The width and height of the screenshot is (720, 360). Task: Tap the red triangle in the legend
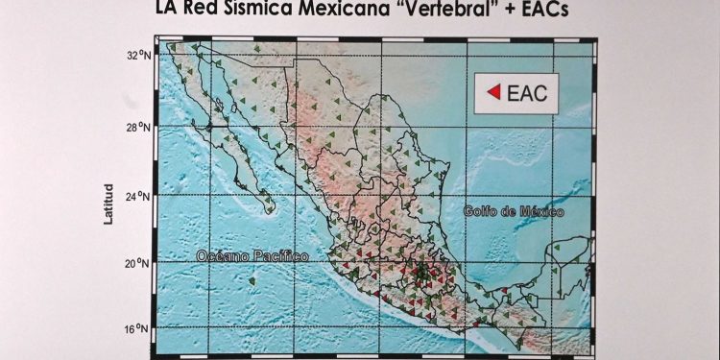493,92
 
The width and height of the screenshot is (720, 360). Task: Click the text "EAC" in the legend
526,92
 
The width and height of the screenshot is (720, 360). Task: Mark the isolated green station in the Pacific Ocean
252,281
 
